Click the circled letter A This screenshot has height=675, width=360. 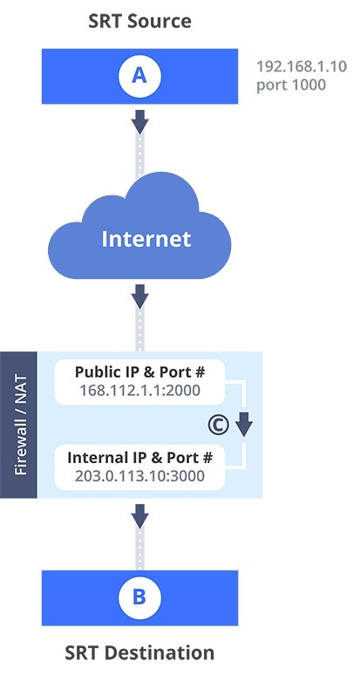tap(139, 76)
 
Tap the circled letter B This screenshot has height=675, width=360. tap(139, 597)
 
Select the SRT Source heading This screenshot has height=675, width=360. tap(139, 21)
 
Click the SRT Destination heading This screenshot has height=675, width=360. tap(139, 652)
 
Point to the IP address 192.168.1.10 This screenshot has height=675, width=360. tap(302, 67)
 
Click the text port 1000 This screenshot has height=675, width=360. tap(291, 85)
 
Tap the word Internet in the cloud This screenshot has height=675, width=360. tap(146, 239)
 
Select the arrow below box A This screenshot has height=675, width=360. tap(139, 121)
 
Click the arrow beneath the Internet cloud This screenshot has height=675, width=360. tap(139, 297)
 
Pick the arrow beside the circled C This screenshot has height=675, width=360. tap(243, 425)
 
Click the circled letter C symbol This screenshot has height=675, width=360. tap(219, 425)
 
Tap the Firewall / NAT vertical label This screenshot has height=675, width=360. tap(20, 425)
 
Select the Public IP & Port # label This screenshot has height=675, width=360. tap(139, 372)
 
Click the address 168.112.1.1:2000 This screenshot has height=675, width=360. tap(139, 391)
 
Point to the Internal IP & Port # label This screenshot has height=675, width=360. tap(139, 458)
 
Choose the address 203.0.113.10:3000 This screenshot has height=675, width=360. tap(139, 476)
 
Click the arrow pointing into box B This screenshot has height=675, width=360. tap(139, 516)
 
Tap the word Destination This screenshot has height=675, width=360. tap(160, 652)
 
